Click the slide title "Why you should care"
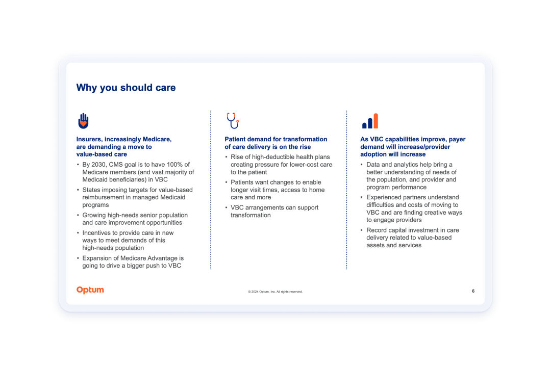[x=126, y=88]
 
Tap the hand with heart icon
[x=83, y=121]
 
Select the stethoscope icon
[x=233, y=121]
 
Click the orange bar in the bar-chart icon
[x=375, y=121]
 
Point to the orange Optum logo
[x=90, y=290]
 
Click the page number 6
[x=473, y=291]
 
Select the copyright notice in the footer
[x=275, y=292]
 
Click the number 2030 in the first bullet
[x=99, y=164]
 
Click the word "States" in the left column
[x=91, y=190]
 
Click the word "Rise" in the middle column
[x=237, y=156]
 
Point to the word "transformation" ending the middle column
[x=251, y=215]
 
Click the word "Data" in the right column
[x=373, y=164]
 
